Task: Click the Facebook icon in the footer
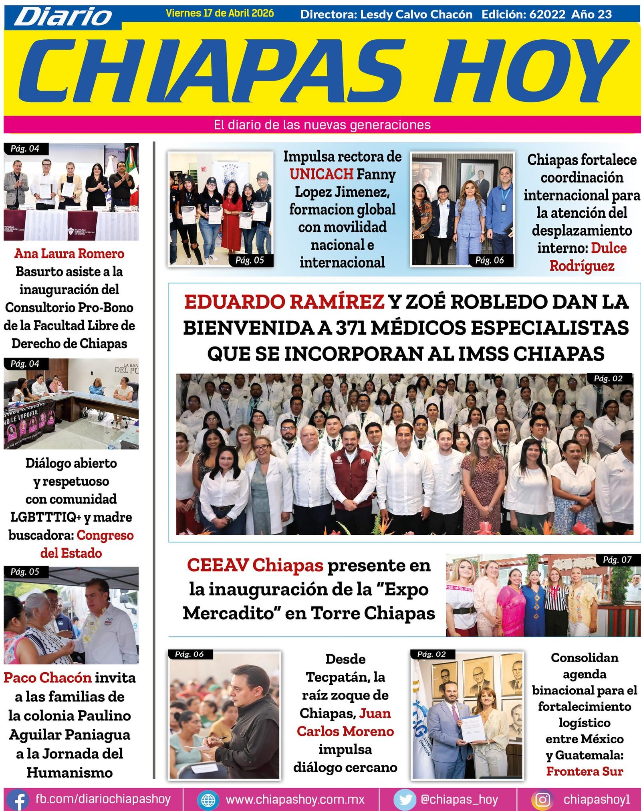[x=17, y=799]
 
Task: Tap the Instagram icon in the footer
[x=542, y=799]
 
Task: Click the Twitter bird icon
[x=405, y=799]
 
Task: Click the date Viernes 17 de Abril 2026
[x=220, y=13]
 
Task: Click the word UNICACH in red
[x=321, y=174]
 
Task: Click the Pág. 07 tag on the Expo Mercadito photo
[x=617, y=560]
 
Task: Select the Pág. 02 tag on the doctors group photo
[x=608, y=378]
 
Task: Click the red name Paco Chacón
[x=48, y=678]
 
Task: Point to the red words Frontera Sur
[x=584, y=771]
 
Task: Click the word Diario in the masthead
[x=64, y=17]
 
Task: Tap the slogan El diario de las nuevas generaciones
[x=322, y=125]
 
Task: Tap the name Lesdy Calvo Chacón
[x=416, y=14]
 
